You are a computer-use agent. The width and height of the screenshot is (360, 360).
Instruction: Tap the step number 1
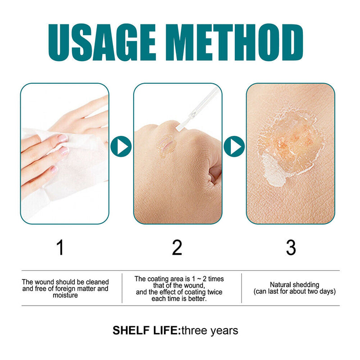60,247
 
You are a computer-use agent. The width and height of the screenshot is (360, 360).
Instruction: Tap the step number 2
177,247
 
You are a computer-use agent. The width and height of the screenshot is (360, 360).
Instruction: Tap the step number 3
291,247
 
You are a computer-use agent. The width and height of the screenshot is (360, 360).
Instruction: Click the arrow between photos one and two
121,146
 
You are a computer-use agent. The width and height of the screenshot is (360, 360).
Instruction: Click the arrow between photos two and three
234,146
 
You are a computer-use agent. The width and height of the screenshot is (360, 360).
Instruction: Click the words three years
209,331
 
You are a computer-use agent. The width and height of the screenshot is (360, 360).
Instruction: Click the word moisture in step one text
65,295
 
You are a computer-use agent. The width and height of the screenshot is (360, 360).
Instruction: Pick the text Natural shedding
294,285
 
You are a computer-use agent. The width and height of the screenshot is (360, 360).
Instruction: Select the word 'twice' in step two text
214,292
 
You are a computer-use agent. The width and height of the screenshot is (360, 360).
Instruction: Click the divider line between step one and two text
122,288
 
